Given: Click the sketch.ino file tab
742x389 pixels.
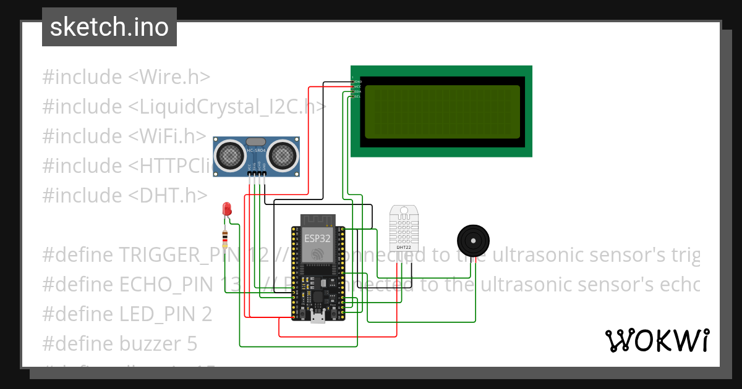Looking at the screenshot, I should point(109,27).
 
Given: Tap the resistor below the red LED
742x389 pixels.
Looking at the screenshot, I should point(226,237).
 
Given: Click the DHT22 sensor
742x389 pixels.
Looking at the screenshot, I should point(403,228).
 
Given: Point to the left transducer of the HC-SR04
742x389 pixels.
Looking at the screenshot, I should point(229,154).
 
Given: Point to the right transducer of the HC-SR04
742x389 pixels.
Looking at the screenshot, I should point(284,154).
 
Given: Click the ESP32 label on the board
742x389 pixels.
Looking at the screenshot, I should point(317,237).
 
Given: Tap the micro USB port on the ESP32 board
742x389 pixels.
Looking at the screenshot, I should point(318,317).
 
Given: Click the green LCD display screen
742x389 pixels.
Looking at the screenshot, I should point(441,112).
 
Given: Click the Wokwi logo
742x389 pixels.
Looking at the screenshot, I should point(657,340).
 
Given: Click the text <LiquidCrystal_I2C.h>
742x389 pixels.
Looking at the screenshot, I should point(227,107).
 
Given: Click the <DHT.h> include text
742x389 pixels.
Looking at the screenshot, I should point(168,196).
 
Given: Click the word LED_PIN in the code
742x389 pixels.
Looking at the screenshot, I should point(165,314).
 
